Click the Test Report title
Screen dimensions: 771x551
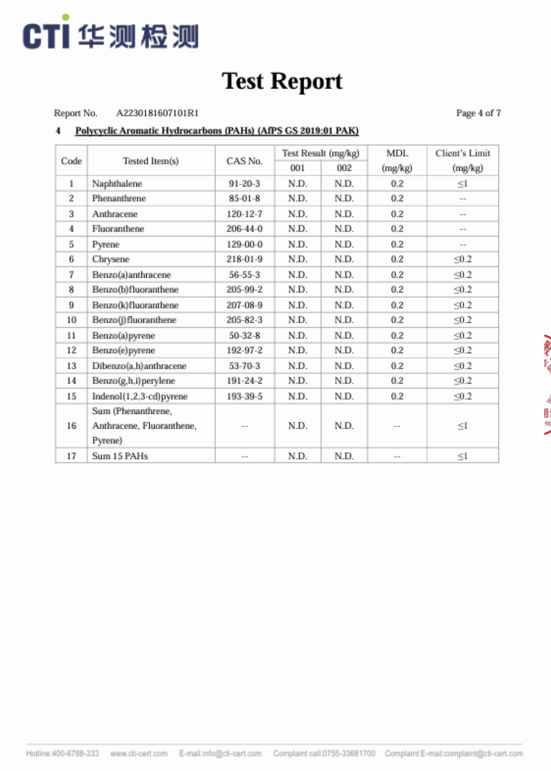click(282, 82)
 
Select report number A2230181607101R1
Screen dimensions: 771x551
click(157, 113)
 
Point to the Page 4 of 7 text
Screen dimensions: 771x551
click(478, 113)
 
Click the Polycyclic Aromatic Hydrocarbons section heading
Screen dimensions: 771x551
click(217, 131)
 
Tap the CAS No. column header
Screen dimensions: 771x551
click(244, 161)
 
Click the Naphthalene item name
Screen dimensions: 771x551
click(117, 183)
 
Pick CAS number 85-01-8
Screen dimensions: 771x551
click(244, 198)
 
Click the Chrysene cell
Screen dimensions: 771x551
click(111, 259)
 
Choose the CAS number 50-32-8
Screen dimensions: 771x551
click(244, 335)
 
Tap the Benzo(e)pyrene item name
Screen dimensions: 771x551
click(123, 350)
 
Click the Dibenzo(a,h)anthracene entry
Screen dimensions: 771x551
click(139, 366)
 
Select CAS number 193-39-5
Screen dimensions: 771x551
click(244, 396)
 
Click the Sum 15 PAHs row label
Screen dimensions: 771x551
click(120, 456)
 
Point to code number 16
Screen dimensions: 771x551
click(71, 426)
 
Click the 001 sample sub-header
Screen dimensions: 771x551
click(298, 168)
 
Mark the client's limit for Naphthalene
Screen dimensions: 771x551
click(462, 183)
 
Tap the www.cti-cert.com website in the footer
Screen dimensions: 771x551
click(139, 753)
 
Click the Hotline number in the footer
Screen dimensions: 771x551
click(62, 753)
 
